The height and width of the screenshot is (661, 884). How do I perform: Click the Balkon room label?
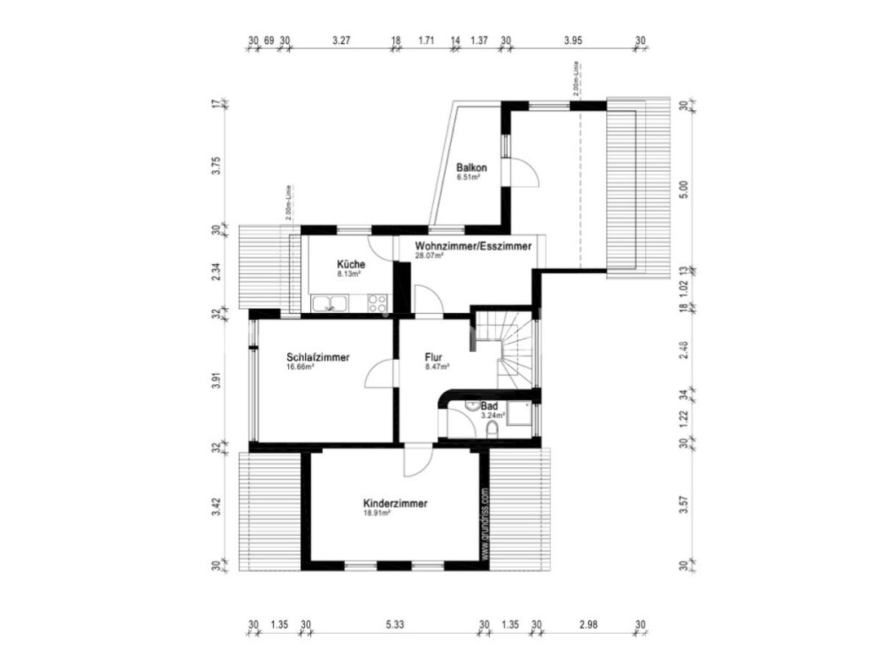point(471,167)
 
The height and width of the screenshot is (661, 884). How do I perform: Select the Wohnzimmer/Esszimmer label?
point(472,246)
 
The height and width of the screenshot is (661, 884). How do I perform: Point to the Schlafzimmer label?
point(317,358)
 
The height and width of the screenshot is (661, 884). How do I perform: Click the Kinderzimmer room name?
point(395,504)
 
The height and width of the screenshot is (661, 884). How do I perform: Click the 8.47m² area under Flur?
point(437,367)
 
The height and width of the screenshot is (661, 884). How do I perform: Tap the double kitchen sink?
point(330,302)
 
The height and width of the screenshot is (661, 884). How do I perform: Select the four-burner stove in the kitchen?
point(378,302)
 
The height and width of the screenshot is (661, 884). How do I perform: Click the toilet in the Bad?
point(493,430)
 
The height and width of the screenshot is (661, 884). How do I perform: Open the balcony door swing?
point(526,173)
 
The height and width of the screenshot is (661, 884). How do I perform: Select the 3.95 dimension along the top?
point(572,41)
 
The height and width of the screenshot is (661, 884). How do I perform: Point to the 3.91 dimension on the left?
point(216,380)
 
